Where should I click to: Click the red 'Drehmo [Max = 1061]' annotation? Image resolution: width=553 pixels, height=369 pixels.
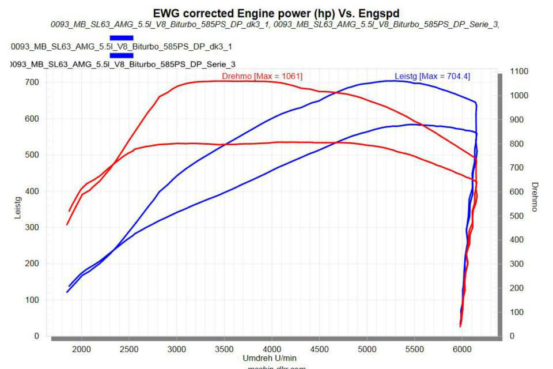pyautogui.click(x=262, y=76)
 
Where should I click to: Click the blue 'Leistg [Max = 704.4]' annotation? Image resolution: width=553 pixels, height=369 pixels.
pyautogui.click(x=432, y=76)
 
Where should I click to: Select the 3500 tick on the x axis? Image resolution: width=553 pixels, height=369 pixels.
pyautogui.click(x=224, y=348)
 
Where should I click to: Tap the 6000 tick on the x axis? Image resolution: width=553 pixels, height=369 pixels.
pyautogui.click(x=462, y=348)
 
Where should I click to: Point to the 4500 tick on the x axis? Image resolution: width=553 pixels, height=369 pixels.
pyautogui.click(x=319, y=348)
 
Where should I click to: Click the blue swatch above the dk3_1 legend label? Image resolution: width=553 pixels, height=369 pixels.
pyautogui.click(x=121, y=37)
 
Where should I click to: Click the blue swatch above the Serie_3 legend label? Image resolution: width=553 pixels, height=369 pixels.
pyautogui.click(x=121, y=55)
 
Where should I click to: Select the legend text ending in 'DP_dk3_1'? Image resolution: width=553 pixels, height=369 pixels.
pyautogui.click(x=122, y=46)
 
